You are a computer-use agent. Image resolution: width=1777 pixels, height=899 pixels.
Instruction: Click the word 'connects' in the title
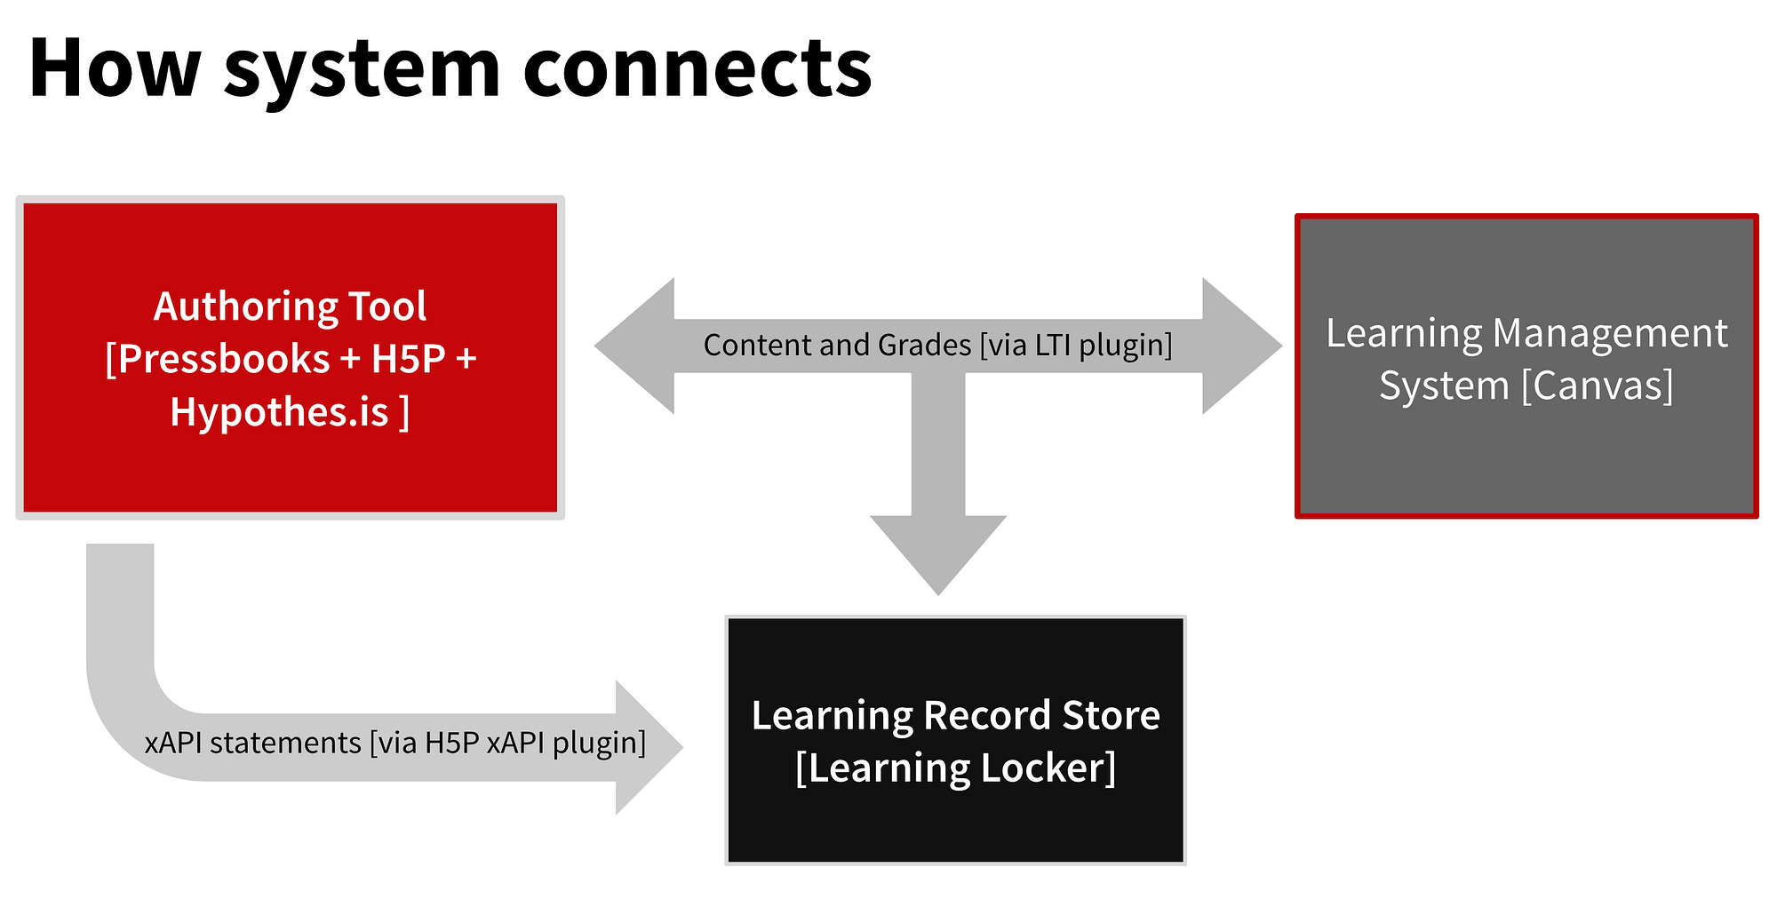point(697,69)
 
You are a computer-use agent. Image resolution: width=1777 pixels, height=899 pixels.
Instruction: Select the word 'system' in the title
point(363,71)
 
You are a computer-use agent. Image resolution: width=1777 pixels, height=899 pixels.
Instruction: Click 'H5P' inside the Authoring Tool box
point(408,359)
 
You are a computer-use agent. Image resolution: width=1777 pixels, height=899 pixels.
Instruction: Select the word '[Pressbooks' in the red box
point(218,359)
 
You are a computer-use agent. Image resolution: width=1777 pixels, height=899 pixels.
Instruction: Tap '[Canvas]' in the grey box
point(1597,386)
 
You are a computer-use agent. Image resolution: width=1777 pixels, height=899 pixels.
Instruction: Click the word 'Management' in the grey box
point(1610,333)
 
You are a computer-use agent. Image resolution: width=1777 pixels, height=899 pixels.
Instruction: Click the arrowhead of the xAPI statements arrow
point(649,747)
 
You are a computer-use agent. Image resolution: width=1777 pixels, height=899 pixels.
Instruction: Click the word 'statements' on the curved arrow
point(285,743)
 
